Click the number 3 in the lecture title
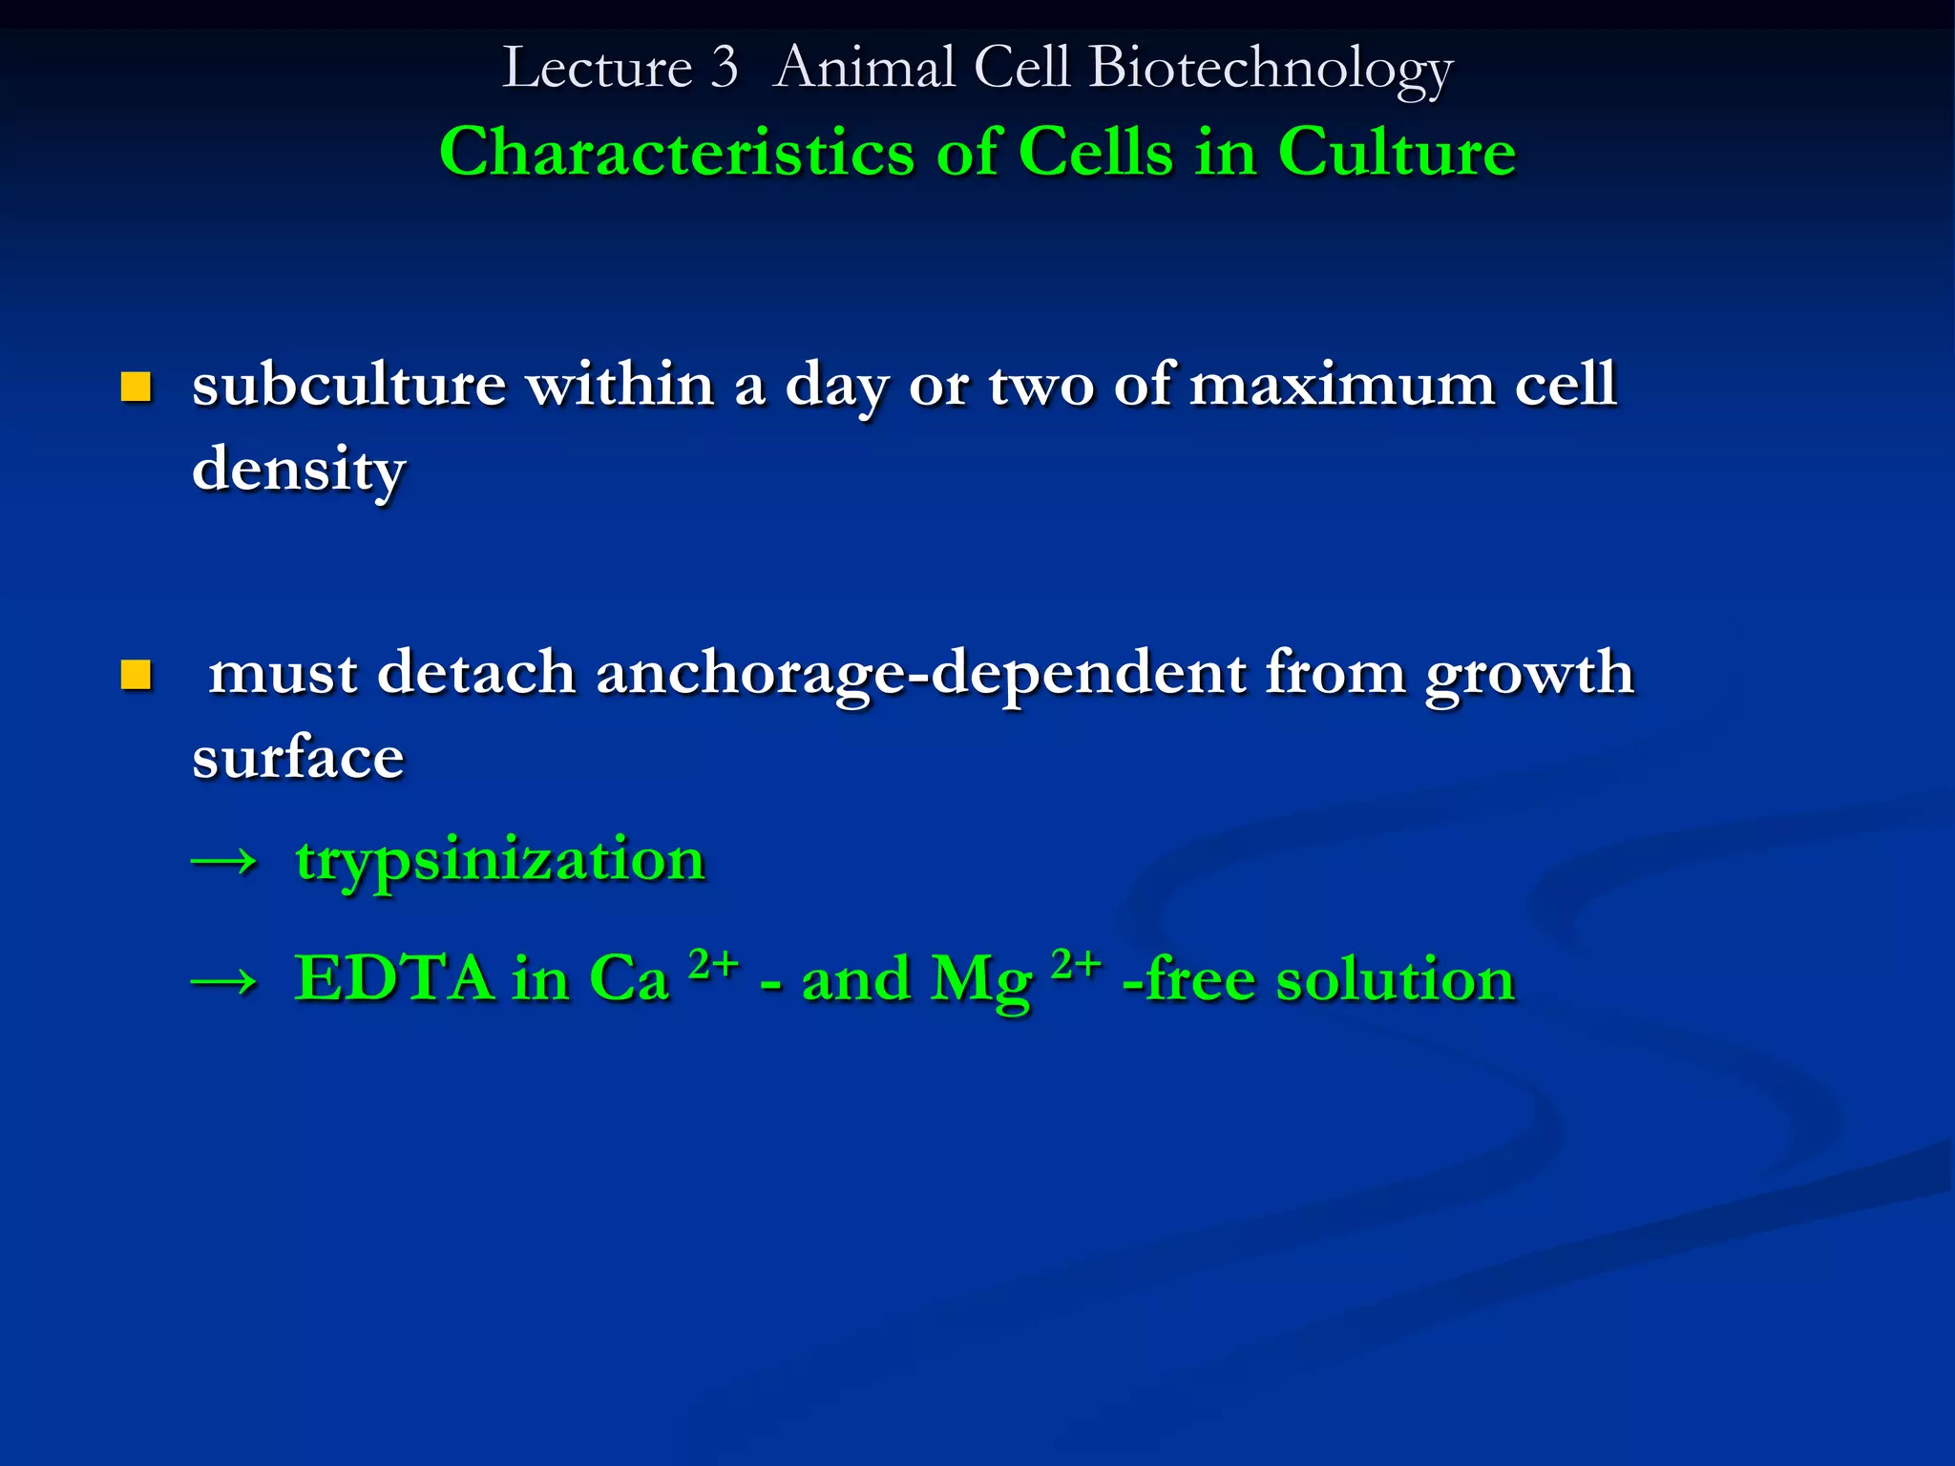tap(725, 69)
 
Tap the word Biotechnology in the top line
tap(1271, 69)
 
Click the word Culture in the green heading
tap(1397, 153)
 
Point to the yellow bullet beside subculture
tap(137, 387)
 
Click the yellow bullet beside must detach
tap(137, 675)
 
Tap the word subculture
tap(348, 385)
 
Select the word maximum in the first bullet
tap(1341, 385)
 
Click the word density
tap(299, 470)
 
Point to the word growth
tap(1529, 674)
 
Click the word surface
tap(298, 758)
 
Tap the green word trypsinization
tap(500, 859)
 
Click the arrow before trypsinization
tap(224, 862)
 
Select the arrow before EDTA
tap(224, 981)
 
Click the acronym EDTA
tap(392, 978)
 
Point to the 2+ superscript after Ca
tap(713, 964)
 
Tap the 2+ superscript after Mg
tap(1076, 964)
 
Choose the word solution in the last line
tap(1395, 979)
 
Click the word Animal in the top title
tap(864, 69)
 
